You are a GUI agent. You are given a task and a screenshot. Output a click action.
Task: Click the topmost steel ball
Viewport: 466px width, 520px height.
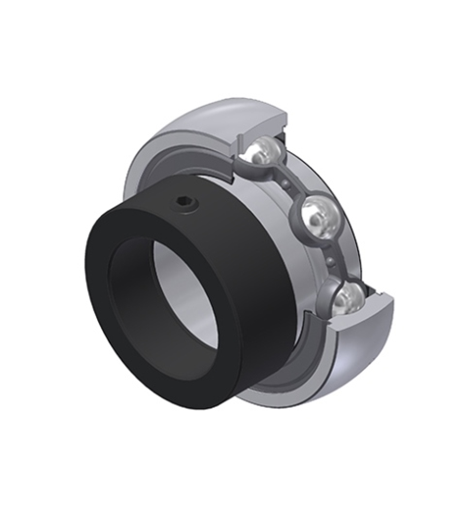[264, 151]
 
